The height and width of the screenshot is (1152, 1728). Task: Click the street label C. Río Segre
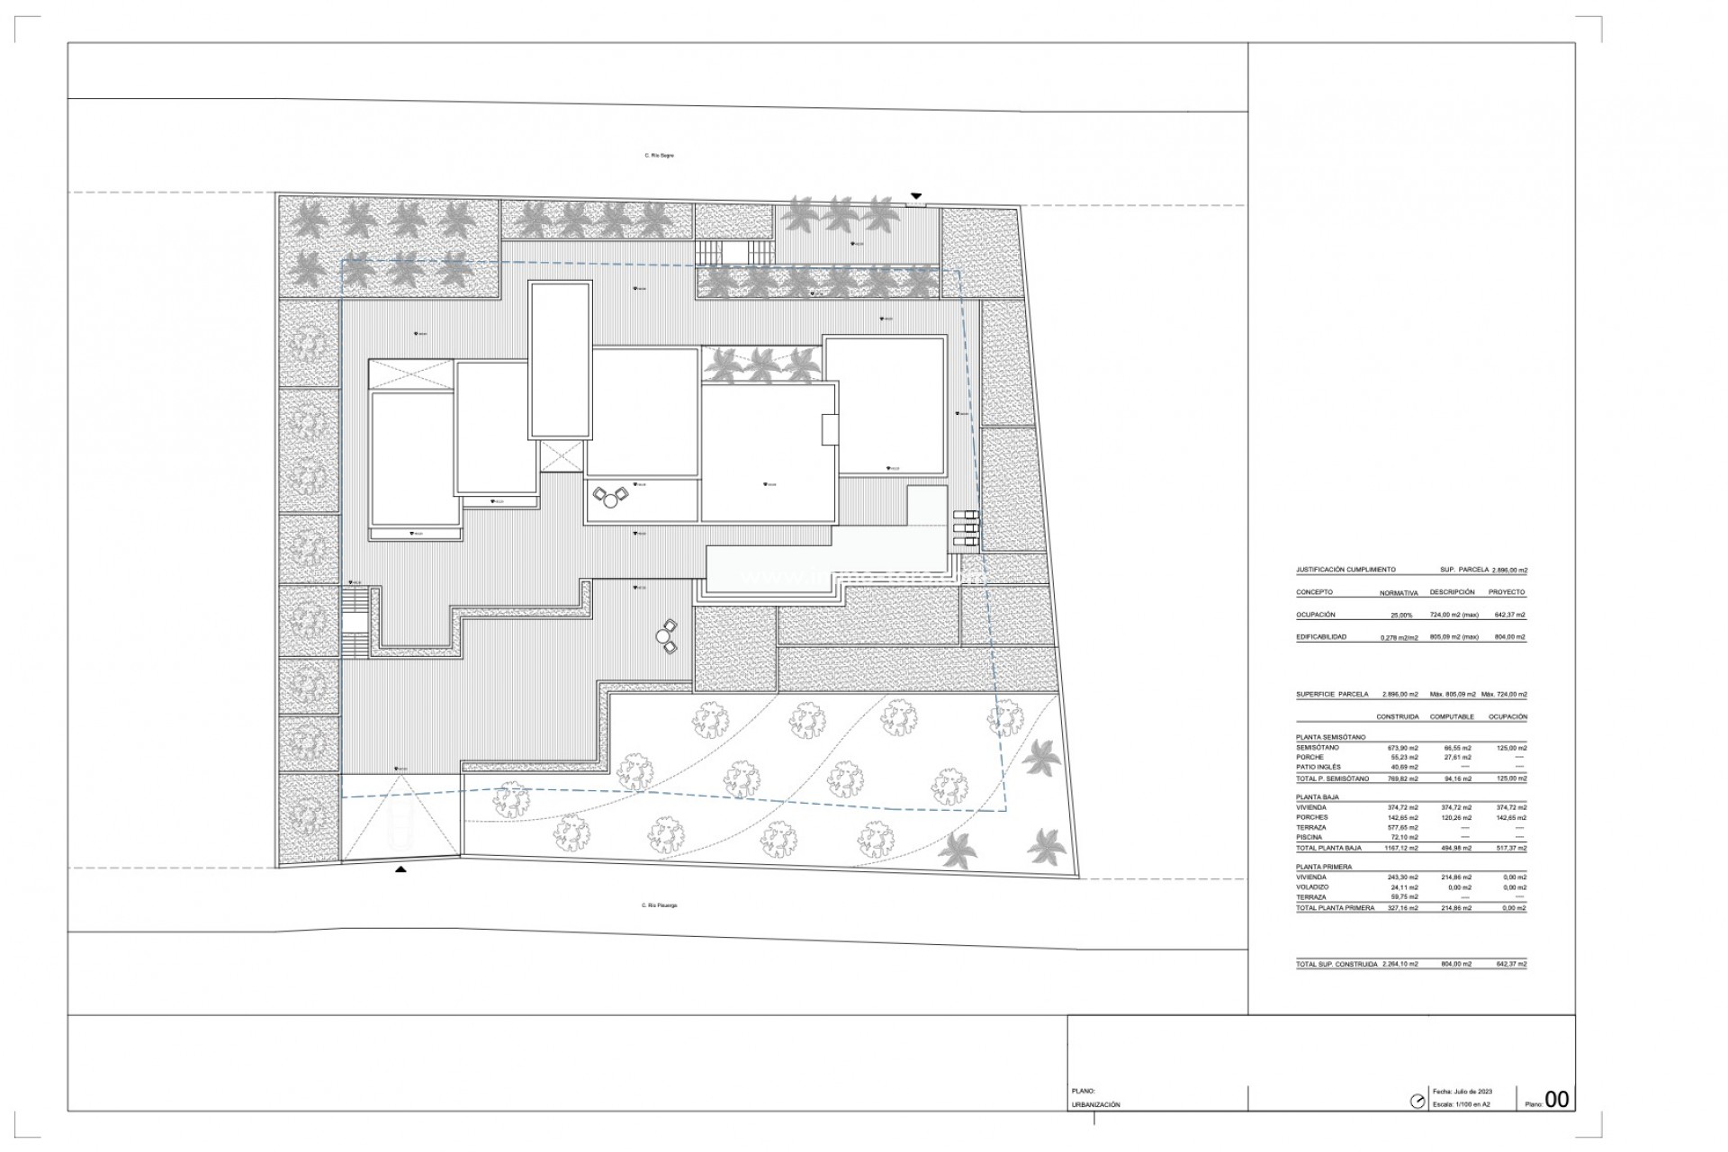[x=659, y=156]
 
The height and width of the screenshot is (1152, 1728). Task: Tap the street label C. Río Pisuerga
[x=659, y=905]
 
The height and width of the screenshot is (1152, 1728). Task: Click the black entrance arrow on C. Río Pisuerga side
[x=400, y=869]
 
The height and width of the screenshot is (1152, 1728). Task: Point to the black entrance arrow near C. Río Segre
[x=916, y=195]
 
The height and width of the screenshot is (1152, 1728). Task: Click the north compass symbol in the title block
[x=1417, y=1101]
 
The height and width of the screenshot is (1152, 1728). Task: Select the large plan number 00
[x=1556, y=1100]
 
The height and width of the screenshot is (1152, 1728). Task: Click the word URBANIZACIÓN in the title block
[x=1096, y=1104]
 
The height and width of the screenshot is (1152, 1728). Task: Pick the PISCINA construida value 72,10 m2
[x=1402, y=837]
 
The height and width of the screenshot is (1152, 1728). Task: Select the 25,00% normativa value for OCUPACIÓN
[x=1401, y=615]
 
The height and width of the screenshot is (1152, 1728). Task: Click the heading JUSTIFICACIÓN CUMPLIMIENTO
[x=1345, y=570]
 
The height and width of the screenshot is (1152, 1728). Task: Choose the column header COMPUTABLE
[x=1453, y=717]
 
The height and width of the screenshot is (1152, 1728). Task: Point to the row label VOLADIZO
[x=1314, y=886]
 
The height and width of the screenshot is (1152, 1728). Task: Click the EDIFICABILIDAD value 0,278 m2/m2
[x=1399, y=637]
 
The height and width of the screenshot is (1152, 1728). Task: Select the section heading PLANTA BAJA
[x=1318, y=797]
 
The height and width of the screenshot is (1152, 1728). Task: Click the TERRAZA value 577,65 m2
[x=1402, y=827]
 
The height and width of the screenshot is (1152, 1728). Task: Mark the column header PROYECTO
[x=1507, y=592]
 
